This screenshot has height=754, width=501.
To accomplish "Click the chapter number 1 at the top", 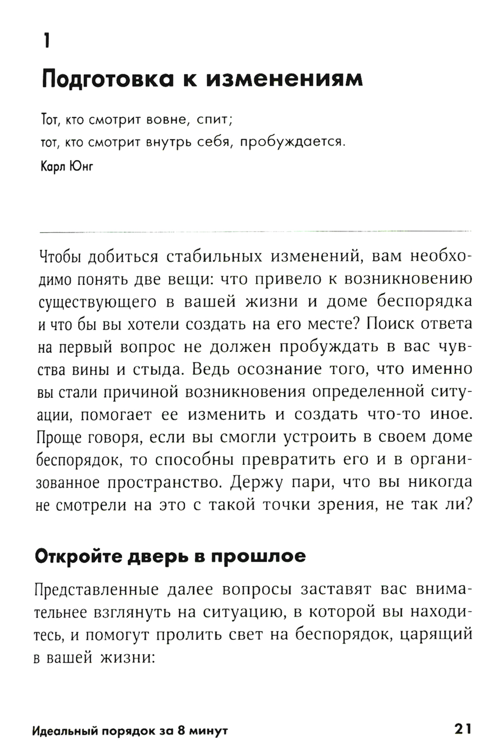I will click(x=47, y=40).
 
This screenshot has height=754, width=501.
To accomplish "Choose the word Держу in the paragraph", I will click(x=258, y=482).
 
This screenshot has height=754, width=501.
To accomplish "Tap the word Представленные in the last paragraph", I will click(x=96, y=590).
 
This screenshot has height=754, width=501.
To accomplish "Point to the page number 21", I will click(x=462, y=729).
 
